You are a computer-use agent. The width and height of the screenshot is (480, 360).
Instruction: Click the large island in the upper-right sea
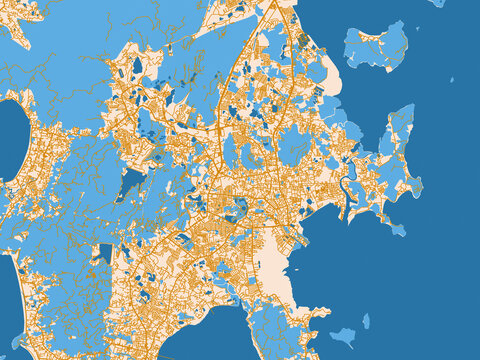378,47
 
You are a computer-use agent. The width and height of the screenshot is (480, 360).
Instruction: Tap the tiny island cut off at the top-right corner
437,3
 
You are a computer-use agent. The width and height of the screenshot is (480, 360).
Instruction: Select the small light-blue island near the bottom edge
343,337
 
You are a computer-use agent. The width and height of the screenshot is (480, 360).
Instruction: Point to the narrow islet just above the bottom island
366,321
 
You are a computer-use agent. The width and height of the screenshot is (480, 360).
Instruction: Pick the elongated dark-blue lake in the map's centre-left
131,183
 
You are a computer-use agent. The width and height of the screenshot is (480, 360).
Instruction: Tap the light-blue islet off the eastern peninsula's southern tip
397,229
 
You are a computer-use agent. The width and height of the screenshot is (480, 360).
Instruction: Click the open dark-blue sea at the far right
450,200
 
